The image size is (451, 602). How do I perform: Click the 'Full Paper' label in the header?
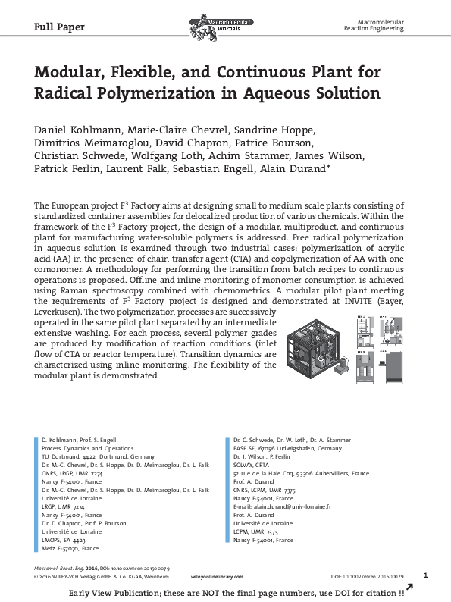pos(60,27)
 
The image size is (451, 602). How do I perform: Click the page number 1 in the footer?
pos(425,575)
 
